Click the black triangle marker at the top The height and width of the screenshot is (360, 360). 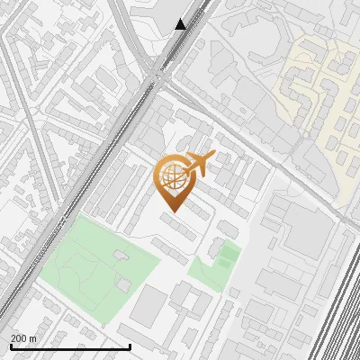(x=181, y=24)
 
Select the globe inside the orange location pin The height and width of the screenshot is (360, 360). (x=171, y=178)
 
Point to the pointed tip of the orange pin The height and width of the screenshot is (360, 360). (x=171, y=212)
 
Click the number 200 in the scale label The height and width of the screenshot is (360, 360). (x=20, y=338)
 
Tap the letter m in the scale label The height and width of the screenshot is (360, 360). (x=34, y=338)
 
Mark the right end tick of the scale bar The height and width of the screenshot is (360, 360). (x=130, y=346)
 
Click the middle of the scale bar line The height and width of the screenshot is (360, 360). (x=69, y=347)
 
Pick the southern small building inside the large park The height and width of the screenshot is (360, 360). (x=123, y=284)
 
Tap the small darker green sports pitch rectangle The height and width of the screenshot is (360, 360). (x=229, y=256)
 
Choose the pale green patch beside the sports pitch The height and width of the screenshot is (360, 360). (x=205, y=272)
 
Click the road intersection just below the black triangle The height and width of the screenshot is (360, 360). (x=162, y=79)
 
